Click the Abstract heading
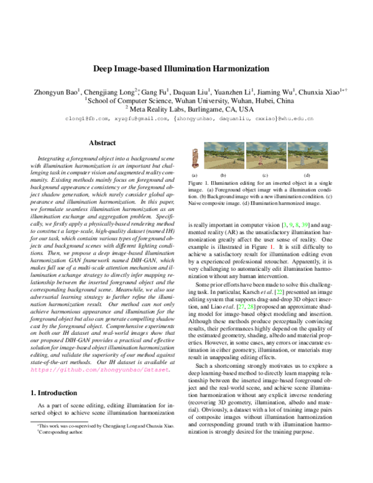[x=103, y=143]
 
